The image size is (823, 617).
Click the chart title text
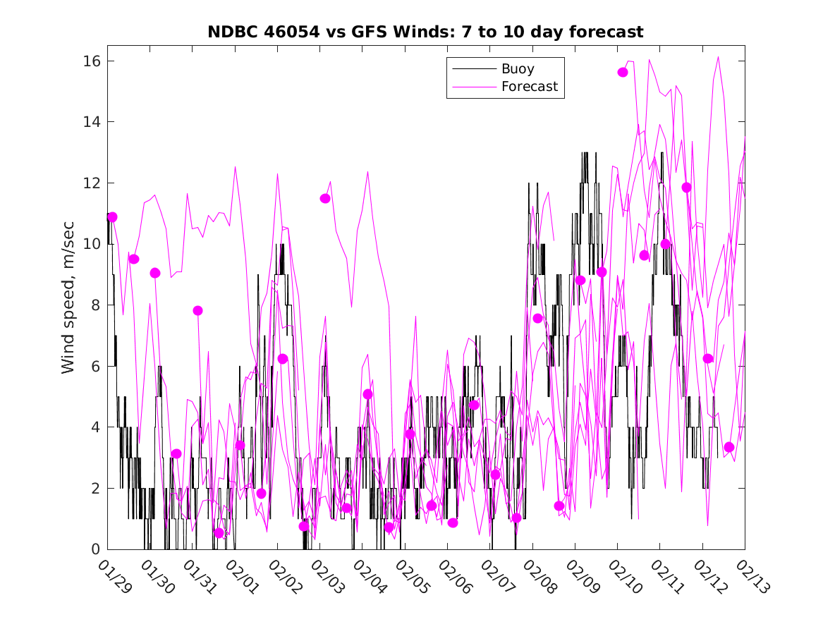425,32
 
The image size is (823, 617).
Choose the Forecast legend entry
529,87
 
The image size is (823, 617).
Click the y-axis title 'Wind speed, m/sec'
68,305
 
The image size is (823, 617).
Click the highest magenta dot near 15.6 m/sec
623,72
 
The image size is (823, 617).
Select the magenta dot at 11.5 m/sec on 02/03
325,198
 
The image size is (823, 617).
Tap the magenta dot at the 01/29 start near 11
112,217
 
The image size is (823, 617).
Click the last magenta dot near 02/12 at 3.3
729,447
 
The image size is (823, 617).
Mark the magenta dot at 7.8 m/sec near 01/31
198,311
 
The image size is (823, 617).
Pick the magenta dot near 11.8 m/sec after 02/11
686,188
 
